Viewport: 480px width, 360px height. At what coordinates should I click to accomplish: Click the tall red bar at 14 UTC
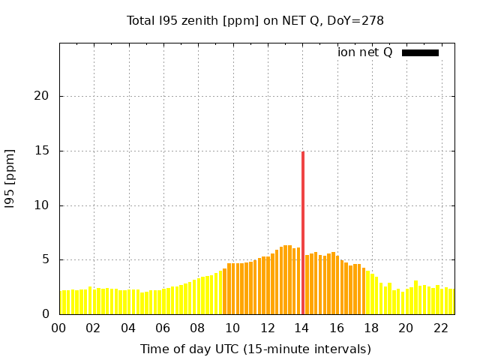303,232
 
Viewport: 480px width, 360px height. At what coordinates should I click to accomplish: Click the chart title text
255,20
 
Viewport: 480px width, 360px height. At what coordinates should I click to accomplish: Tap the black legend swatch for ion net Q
420,52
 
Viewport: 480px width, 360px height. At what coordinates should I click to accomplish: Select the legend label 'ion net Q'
365,52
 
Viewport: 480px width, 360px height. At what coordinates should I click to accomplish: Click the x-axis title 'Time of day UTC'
255,349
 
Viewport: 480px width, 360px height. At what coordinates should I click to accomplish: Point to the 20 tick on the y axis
44,96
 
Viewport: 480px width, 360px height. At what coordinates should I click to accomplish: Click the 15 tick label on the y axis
44,151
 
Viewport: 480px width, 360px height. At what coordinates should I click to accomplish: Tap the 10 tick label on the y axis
44,205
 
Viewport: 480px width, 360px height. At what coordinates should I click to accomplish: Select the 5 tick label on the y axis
47,259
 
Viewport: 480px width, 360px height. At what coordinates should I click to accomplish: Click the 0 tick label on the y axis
47,314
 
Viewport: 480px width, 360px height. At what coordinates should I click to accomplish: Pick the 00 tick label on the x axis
59,328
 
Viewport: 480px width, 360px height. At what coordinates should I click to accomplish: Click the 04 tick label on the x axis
129,328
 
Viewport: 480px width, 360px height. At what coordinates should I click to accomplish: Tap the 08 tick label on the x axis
198,328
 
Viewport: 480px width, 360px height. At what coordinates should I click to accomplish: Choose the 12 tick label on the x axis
268,328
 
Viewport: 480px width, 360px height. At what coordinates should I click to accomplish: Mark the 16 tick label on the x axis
337,328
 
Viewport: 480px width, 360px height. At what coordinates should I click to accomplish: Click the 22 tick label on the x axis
441,328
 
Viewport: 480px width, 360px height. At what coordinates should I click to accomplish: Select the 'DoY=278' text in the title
358,20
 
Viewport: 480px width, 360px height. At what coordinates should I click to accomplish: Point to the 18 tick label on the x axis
372,328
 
